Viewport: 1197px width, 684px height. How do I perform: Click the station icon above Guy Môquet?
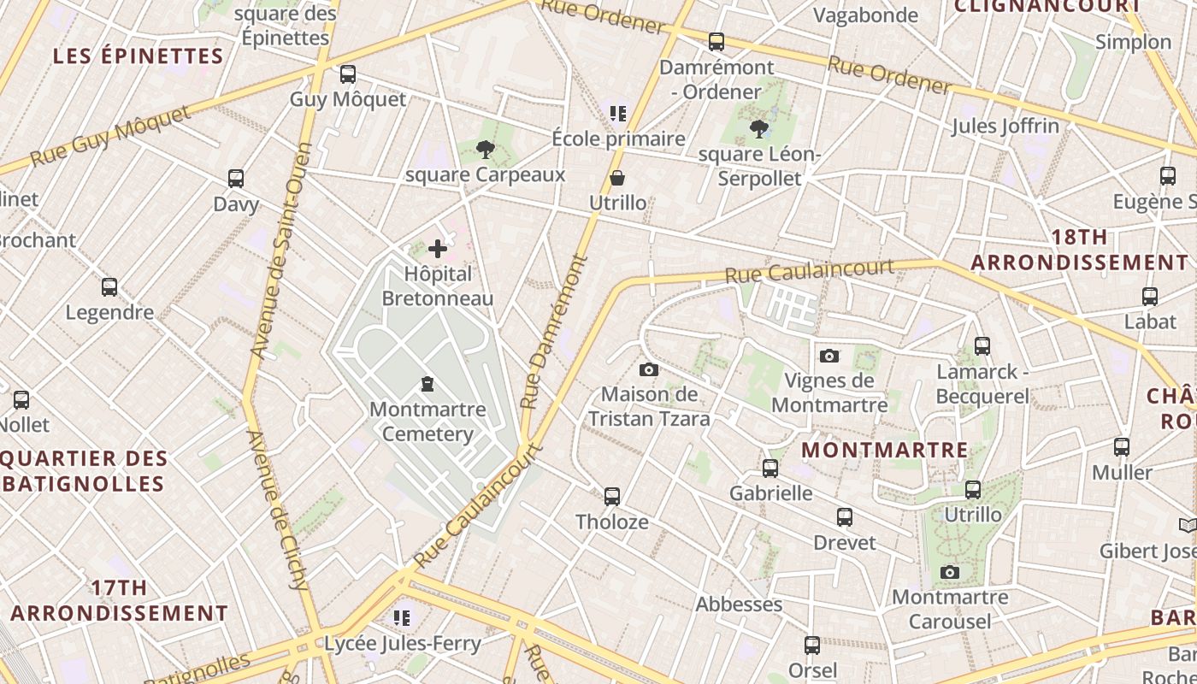coord(347,74)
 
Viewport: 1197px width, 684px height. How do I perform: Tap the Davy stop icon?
coord(236,179)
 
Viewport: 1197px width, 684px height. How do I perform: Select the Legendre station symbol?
coord(109,287)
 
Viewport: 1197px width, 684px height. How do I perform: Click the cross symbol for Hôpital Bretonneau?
coord(438,249)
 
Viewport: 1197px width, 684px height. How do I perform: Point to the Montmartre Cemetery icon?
coord(427,385)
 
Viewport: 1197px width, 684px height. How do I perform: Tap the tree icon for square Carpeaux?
coord(486,150)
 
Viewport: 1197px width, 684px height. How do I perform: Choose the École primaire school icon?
coord(618,113)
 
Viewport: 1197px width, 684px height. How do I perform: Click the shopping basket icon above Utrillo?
coord(617,178)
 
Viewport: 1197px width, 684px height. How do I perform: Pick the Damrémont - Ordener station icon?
coord(716,41)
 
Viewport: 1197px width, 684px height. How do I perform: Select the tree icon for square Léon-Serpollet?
coord(758,129)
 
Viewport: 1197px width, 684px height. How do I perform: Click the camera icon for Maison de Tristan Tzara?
coord(649,369)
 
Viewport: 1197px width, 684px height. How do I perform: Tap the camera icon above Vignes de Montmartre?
coord(828,356)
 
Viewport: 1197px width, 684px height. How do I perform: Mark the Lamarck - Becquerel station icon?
coord(982,346)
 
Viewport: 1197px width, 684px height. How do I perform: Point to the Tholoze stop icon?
coord(612,496)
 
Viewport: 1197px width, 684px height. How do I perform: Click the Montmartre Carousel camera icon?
coord(949,572)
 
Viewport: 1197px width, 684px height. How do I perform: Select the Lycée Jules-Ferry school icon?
coord(402,617)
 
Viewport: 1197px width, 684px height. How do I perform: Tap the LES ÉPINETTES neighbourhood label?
coord(139,56)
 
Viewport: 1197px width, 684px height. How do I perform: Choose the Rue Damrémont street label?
coord(555,332)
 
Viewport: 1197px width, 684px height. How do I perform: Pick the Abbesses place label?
coord(739,604)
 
